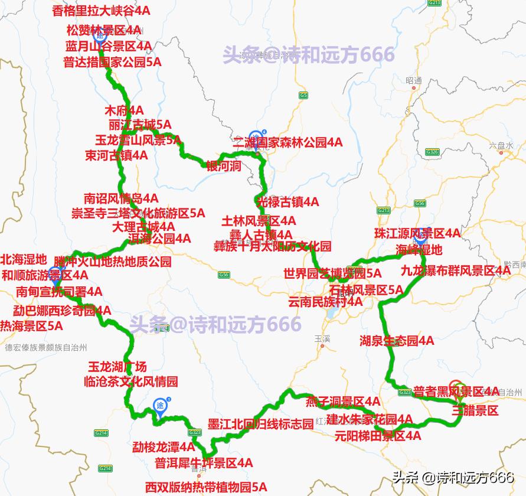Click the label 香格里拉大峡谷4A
(110, 10)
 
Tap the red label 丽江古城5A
(140, 125)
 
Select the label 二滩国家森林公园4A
(287, 142)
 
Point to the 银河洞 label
(224, 166)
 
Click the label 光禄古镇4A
(288, 202)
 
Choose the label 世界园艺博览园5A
(332, 273)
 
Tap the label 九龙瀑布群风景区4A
(455, 271)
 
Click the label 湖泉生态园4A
(397, 341)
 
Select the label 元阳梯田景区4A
(378, 436)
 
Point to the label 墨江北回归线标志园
(261, 425)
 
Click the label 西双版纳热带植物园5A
(206, 487)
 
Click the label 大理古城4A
(143, 226)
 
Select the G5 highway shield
(303, 95)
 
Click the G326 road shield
(433, 152)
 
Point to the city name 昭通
(414, 80)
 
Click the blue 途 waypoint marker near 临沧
(160, 406)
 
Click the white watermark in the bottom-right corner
(453, 477)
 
